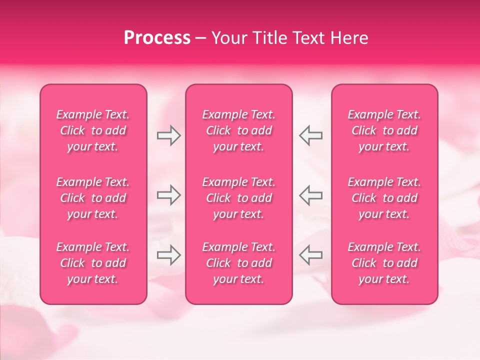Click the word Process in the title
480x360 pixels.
(x=157, y=38)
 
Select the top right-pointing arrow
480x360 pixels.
(x=168, y=135)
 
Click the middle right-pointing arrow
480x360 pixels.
(x=168, y=195)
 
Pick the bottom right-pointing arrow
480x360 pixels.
(x=168, y=255)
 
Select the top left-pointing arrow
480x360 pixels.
(x=311, y=135)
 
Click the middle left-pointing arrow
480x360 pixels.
(x=311, y=195)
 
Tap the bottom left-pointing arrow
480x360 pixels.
(x=311, y=255)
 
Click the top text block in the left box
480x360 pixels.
(x=93, y=130)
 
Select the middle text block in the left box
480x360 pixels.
(x=93, y=198)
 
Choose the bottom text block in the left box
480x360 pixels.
(x=93, y=263)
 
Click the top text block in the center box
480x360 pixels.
(x=239, y=130)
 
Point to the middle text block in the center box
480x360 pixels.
(x=239, y=198)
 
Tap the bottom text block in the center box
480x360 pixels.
(x=239, y=263)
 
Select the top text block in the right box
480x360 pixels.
(x=384, y=130)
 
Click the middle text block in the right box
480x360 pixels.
(x=384, y=198)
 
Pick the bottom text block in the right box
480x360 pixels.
(x=384, y=263)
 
